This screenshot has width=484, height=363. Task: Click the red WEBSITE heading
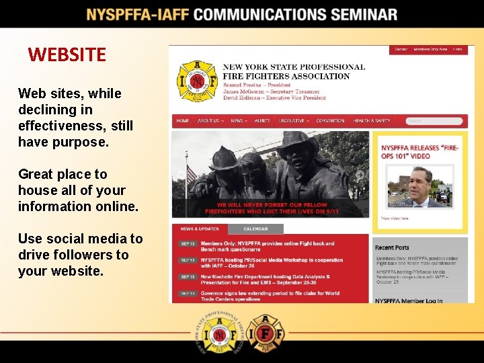pyautogui.click(x=67, y=54)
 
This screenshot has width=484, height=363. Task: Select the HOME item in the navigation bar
pyautogui.click(x=182, y=121)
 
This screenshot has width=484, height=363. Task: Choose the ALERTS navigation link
pyautogui.click(x=262, y=121)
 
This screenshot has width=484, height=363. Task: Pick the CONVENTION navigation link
pyautogui.click(x=330, y=121)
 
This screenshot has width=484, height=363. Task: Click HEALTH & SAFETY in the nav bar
pyautogui.click(x=372, y=121)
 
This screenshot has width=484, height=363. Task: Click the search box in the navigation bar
pyautogui.click(x=434, y=121)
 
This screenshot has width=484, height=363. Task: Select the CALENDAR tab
pyautogui.click(x=255, y=229)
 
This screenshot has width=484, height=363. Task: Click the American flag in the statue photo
pyautogui.click(x=191, y=174)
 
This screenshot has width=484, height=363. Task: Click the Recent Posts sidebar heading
pyautogui.click(x=392, y=247)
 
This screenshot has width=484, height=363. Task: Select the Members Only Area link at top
pyautogui.click(x=430, y=49)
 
